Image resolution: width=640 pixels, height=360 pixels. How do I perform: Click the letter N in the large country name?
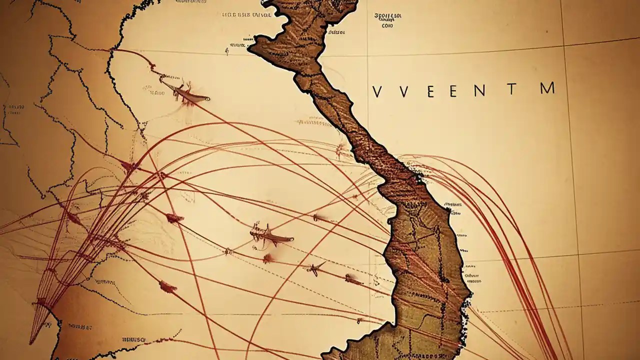tap(478, 91)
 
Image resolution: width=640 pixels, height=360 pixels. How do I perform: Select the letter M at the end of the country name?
tap(547, 88)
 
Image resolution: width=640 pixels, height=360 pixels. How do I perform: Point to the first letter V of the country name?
tap(378, 91)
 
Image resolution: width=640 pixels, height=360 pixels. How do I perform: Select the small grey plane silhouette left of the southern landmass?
tap(315, 269)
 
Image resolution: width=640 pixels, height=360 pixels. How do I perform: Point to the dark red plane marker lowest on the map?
tap(167, 287)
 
